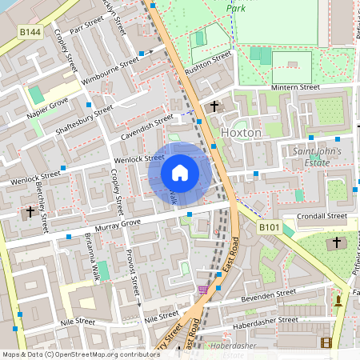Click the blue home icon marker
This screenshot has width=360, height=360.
180,173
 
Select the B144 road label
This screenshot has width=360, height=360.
30,31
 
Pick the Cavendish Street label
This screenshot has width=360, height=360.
142,124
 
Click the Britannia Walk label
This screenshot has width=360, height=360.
91,258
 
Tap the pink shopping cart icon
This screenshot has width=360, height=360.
202,290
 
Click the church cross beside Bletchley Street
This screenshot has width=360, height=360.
30,212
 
